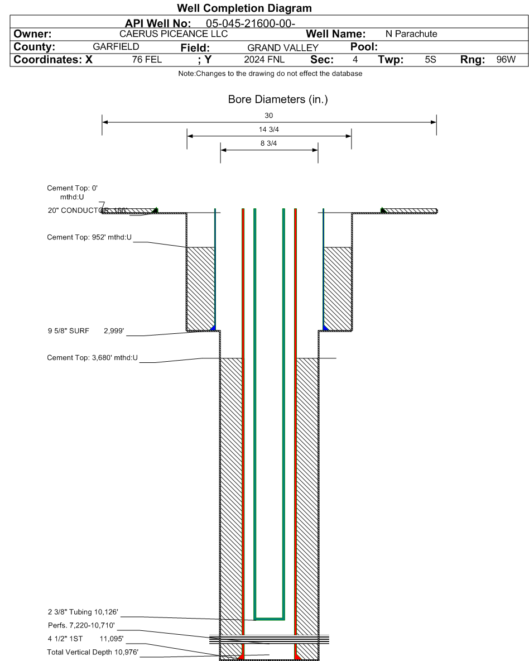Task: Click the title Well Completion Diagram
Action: point(244,9)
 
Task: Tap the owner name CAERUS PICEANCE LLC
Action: point(174,34)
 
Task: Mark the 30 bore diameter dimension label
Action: point(268,116)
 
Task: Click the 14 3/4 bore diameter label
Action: point(268,130)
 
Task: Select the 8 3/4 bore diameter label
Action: point(268,143)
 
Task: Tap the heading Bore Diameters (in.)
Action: point(268,100)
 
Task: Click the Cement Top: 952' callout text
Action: point(89,237)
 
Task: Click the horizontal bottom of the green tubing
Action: point(270,619)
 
